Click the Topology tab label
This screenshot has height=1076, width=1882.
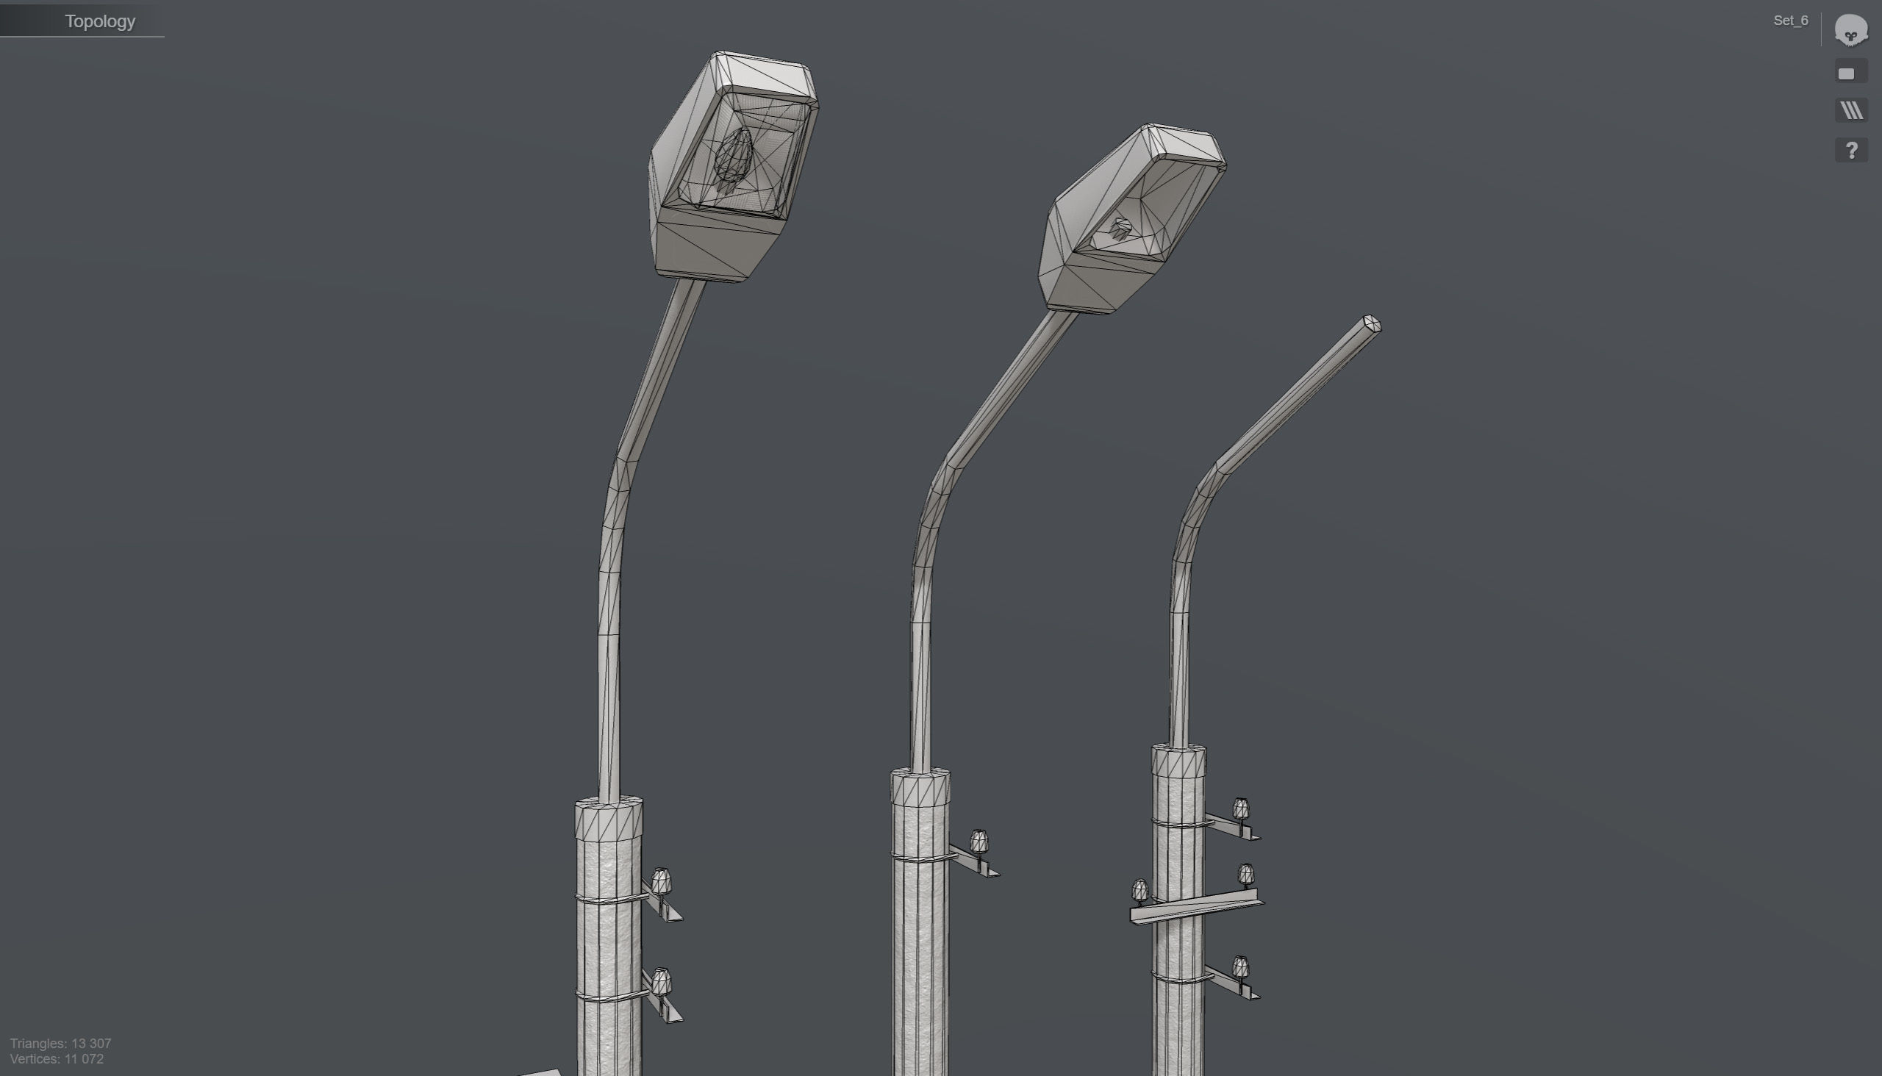click(100, 21)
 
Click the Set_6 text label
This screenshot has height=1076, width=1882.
click(1789, 21)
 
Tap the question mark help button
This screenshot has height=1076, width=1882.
click(1850, 151)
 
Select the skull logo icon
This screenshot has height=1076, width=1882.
click(1850, 30)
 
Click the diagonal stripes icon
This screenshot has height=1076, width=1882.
click(1850, 111)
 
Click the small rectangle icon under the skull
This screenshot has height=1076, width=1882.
click(1846, 73)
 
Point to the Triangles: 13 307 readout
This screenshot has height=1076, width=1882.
click(60, 1043)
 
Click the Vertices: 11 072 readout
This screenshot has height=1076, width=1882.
click(57, 1059)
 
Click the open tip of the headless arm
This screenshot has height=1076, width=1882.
click(1371, 323)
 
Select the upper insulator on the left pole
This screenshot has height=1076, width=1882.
click(661, 881)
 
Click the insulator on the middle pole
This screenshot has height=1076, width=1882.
click(978, 841)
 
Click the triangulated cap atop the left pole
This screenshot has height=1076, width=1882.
click(609, 819)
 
